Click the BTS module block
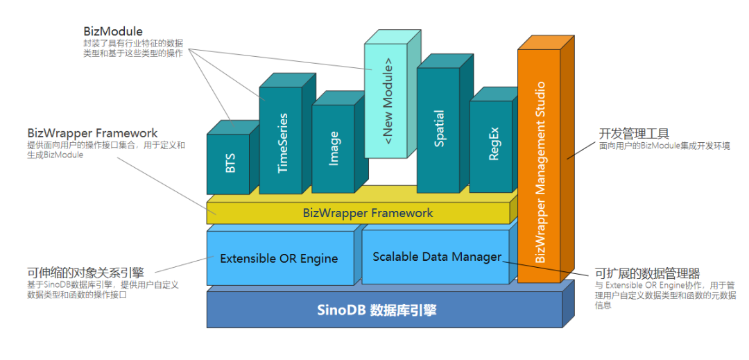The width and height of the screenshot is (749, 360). point(229,164)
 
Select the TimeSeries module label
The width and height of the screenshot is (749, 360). point(282,143)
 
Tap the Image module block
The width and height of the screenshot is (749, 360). point(333,148)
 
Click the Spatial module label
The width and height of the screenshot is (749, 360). point(438,130)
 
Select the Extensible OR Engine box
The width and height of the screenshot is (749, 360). point(279,259)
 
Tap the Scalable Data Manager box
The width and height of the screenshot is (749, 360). point(436,257)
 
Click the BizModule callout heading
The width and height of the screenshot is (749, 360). point(113,31)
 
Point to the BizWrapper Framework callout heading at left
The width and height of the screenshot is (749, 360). point(92,132)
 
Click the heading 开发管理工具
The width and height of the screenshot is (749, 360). point(634,133)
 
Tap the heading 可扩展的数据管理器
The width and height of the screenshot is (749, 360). point(648,273)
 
